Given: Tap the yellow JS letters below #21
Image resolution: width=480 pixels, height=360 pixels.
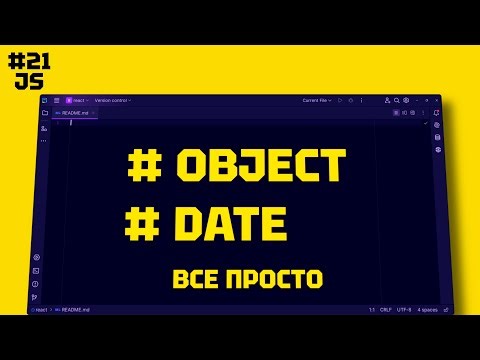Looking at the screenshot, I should coord(28,82).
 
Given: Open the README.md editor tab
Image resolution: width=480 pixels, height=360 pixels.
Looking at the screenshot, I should coord(76,113).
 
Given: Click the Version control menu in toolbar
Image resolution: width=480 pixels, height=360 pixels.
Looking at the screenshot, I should coord(112,101).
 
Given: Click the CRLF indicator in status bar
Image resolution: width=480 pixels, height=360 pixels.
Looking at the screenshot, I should coord(386,310).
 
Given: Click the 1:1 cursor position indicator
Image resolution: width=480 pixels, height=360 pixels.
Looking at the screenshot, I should coord(371,310).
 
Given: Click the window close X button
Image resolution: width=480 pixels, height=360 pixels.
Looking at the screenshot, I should coord(438,100).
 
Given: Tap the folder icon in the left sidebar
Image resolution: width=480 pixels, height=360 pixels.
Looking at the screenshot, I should coord(44,113).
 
